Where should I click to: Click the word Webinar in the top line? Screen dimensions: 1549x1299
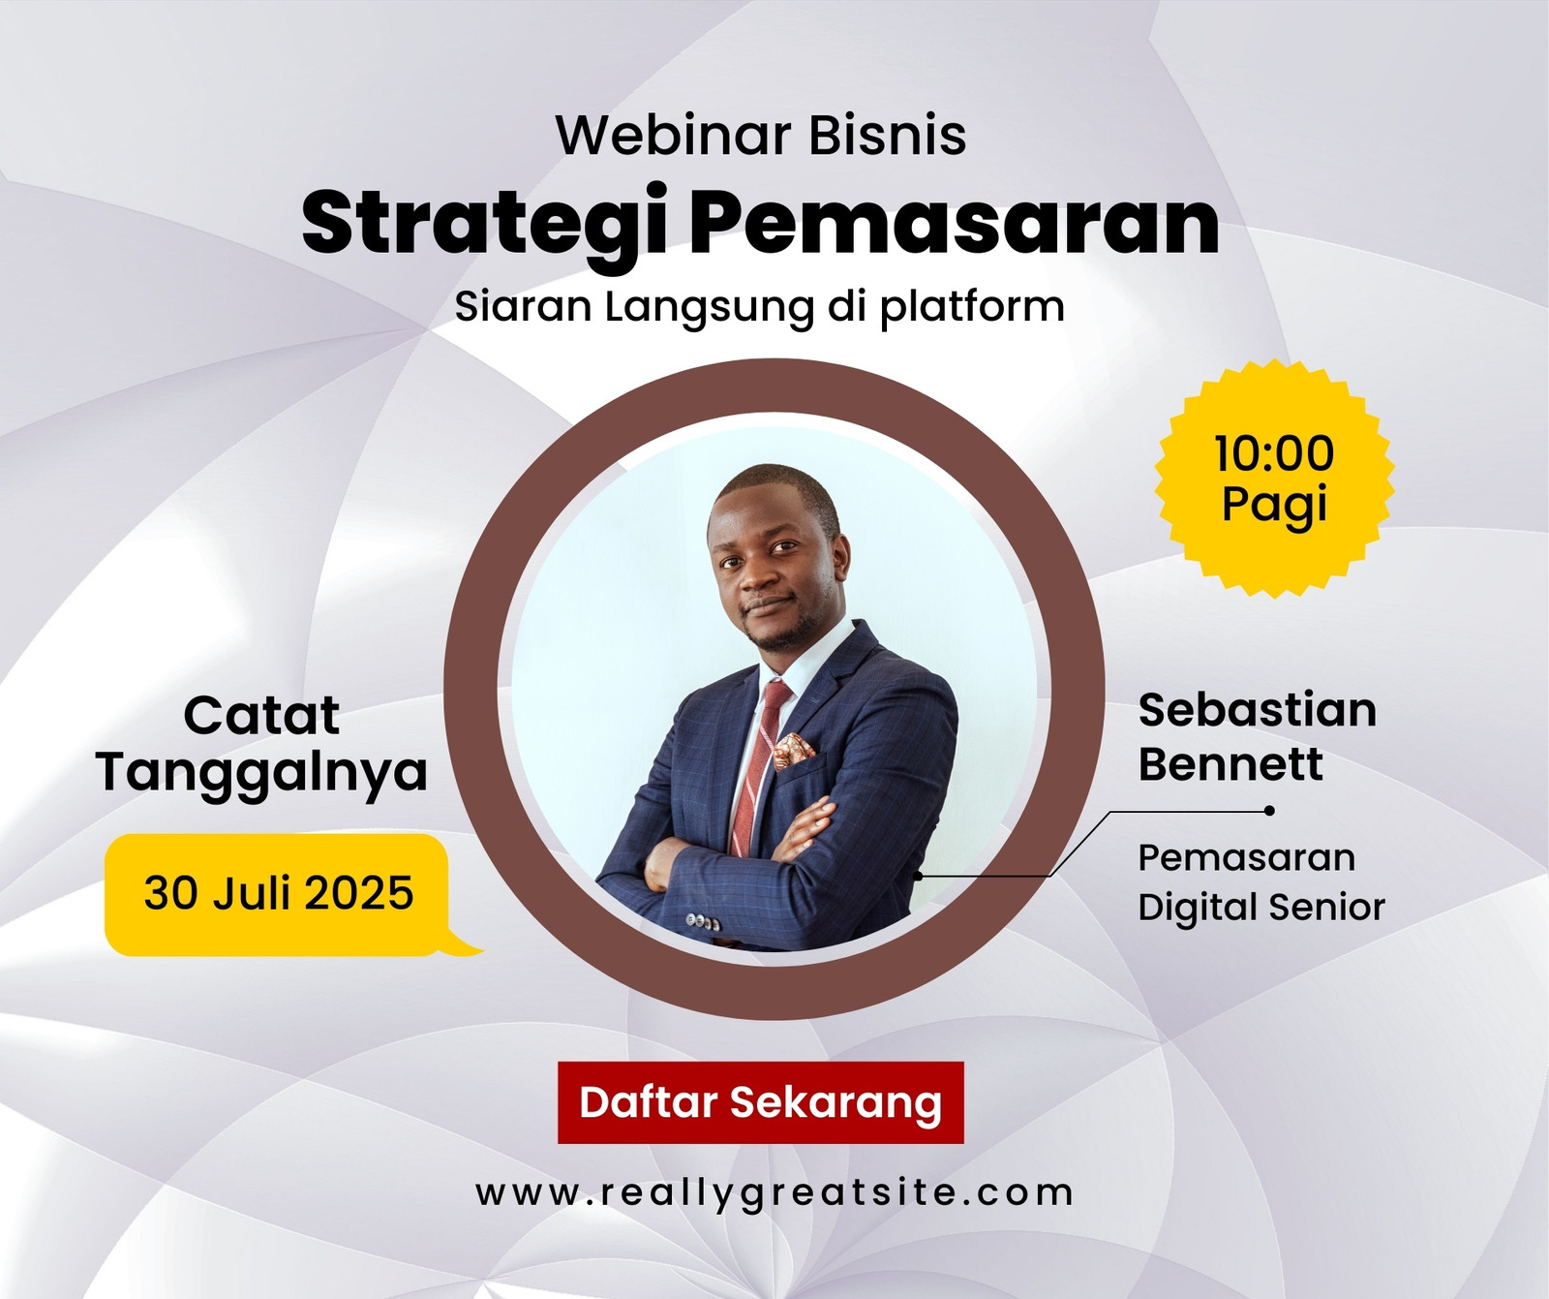(x=674, y=135)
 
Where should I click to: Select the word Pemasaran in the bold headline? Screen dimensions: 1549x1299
(x=954, y=222)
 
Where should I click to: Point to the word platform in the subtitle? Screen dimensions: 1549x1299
(x=972, y=307)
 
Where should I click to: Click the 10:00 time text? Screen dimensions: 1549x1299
(x=1274, y=453)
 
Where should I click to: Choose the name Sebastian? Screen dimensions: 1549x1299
(x=1257, y=710)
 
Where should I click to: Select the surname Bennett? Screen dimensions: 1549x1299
(x=1230, y=764)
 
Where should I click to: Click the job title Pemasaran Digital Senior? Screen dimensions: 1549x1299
(x=1260, y=882)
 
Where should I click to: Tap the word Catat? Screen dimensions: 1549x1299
(x=261, y=716)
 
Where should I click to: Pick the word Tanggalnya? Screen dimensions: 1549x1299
(x=261, y=773)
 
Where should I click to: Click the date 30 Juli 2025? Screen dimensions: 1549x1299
(x=279, y=893)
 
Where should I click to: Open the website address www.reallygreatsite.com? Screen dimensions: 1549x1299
(x=774, y=1193)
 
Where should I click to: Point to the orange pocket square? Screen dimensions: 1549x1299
(x=794, y=750)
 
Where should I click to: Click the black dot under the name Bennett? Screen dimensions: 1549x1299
(x=1269, y=811)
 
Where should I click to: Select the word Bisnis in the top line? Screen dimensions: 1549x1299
(x=887, y=135)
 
